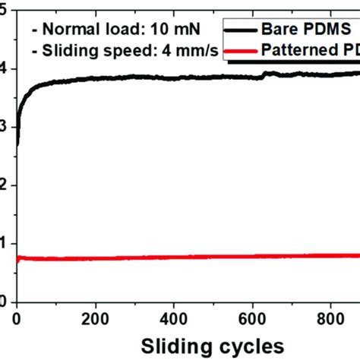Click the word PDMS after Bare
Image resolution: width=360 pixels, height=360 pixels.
(x=328, y=27)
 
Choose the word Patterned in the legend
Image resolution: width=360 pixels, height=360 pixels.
(x=304, y=52)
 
